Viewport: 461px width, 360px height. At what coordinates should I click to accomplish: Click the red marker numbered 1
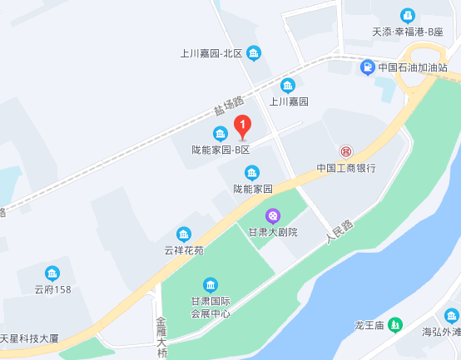coord(242,127)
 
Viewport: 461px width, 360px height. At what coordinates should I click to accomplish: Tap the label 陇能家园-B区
coord(221,150)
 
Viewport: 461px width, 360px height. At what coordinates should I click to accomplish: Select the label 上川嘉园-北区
coord(211,53)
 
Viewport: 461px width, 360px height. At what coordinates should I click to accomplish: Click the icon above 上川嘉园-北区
coord(254,53)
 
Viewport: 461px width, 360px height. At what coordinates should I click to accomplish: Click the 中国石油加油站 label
coord(414,67)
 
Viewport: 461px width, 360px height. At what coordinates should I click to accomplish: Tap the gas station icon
coord(367,67)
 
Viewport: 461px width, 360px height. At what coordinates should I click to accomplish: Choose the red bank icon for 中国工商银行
coord(345,151)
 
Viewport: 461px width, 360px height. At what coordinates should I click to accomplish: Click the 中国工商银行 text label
coord(346,167)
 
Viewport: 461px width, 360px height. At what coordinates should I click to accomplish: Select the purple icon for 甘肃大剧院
coord(272,215)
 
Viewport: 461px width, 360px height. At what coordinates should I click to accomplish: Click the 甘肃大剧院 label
coord(272,231)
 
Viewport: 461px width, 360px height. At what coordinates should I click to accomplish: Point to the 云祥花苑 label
coord(183,249)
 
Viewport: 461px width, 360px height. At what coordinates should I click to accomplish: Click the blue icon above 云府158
coord(52,274)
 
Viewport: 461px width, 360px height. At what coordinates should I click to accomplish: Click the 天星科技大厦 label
coord(29,338)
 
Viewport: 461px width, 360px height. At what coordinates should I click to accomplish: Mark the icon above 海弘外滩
coord(451,315)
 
